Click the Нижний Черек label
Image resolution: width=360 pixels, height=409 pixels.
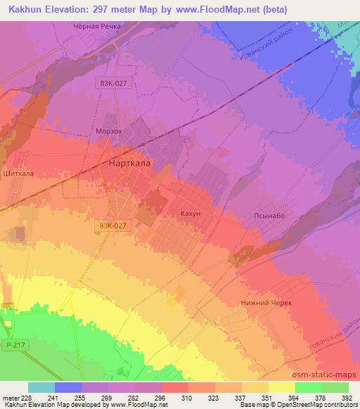pos(266,302)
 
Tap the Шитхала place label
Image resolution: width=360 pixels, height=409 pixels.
pos(19,172)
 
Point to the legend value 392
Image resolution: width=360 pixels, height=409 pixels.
pos(346,398)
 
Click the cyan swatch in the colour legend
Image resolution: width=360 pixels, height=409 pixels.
pos(41,387)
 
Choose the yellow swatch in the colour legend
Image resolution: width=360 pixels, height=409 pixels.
pos(281,387)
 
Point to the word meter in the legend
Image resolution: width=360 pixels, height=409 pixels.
pos(9,398)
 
